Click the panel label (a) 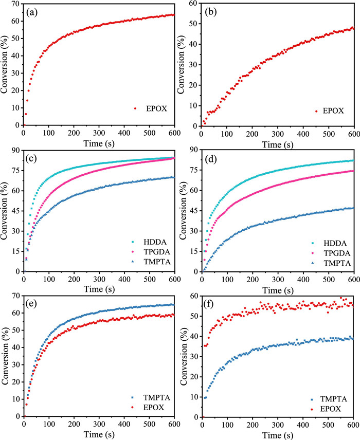tap(34, 11)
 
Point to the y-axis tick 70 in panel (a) tap(16, 4)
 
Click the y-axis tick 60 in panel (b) tap(193, 4)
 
